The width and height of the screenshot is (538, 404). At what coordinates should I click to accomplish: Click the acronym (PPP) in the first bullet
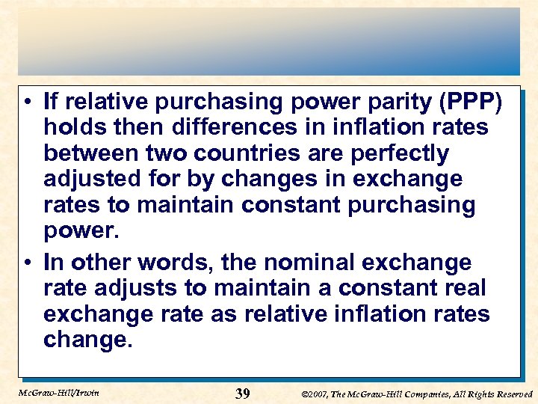pos(472,101)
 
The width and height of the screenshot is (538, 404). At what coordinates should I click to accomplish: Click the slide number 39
pos(242,394)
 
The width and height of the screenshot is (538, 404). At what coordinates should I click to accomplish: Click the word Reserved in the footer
pos(513,394)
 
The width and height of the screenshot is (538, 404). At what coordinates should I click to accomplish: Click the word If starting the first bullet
pos(51,101)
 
